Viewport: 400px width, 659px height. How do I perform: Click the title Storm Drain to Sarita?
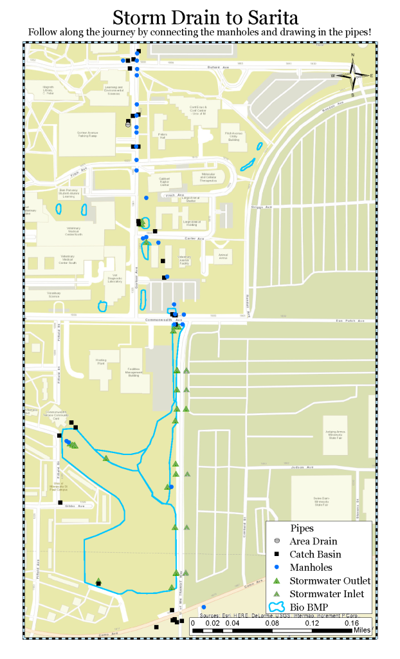tap(200, 16)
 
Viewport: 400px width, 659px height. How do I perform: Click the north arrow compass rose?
tap(352, 76)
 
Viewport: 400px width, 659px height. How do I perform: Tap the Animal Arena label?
tap(224, 255)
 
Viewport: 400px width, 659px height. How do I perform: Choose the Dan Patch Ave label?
tap(350, 320)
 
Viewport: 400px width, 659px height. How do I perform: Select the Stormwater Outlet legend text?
tap(330, 580)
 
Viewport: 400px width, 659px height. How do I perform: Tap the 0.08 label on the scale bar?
tap(272, 623)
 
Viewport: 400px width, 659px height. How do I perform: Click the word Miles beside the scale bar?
tap(361, 630)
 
